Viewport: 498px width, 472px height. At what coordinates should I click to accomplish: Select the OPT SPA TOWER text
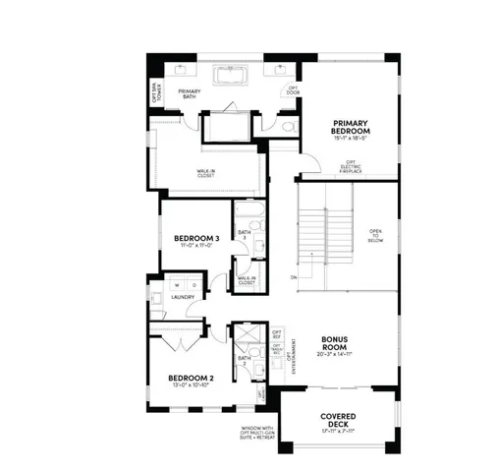coord(155,93)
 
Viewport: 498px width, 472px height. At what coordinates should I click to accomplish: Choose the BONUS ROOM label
coord(335,344)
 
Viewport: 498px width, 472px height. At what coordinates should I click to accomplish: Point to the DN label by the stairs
coord(294,278)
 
